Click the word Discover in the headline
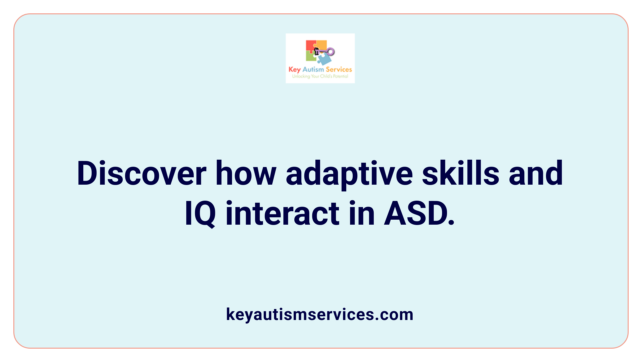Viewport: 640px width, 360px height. (x=141, y=173)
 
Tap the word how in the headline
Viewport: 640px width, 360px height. (x=246, y=173)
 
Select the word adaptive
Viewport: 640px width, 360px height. (x=349, y=174)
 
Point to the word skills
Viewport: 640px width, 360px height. (x=460, y=173)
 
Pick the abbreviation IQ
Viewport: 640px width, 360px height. (x=200, y=214)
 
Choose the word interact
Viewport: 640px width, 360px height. (x=282, y=214)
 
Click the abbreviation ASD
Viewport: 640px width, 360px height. (x=419, y=214)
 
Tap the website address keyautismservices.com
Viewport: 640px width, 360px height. (x=320, y=314)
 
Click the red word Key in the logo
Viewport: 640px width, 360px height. (x=294, y=70)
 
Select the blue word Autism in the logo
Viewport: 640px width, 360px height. (x=313, y=69)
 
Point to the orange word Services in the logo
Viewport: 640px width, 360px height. (x=339, y=69)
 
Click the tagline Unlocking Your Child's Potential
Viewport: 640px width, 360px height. (x=320, y=76)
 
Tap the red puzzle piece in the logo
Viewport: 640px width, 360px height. (x=310, y=46)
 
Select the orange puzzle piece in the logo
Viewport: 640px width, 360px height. (x=321, y=45)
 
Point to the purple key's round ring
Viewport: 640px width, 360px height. (x=331, y=52)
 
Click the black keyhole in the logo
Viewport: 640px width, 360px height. (x=317, y=51)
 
